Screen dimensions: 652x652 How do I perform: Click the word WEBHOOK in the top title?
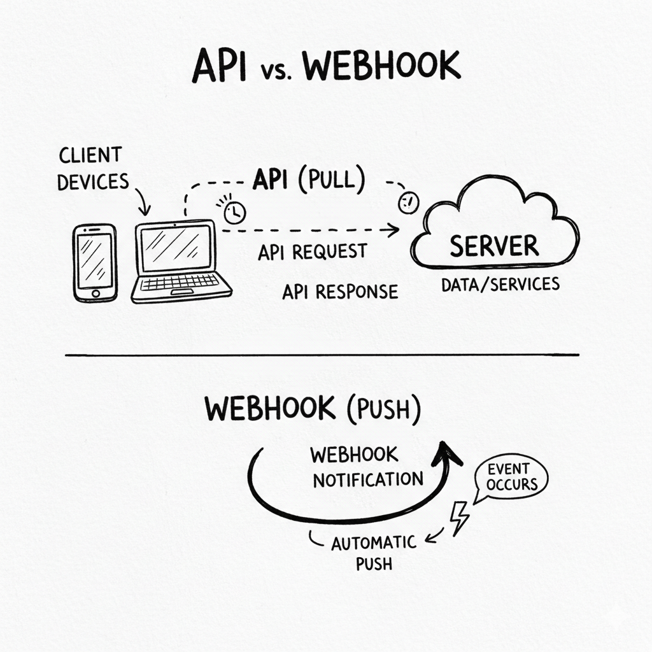tap(381, 66)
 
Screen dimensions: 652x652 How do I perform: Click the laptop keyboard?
tap(180, 282)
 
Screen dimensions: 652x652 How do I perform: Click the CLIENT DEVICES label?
tap(92, 168)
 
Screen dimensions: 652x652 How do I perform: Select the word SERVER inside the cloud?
tap(493, 246)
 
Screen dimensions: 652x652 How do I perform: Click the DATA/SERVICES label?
tap(500, 284)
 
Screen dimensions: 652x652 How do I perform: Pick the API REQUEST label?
tap(312, 252)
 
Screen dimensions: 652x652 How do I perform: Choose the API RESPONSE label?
tap(340, 292)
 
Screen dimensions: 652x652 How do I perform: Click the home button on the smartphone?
tap(96, 294)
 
